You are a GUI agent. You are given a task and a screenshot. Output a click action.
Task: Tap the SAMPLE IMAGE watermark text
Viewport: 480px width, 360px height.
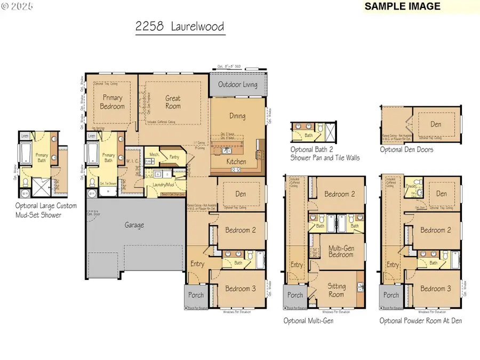point(403,6)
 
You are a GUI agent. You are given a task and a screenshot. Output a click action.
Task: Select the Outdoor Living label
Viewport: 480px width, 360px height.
point(237,85)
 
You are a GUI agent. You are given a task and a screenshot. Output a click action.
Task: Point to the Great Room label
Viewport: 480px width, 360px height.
point(173,102)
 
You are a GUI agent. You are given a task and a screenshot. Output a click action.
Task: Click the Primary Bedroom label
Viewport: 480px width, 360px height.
point(113,102)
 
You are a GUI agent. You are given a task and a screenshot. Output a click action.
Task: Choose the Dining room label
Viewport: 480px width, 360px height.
point(237,116)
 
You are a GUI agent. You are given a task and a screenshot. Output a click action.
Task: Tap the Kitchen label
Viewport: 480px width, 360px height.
point(236,162)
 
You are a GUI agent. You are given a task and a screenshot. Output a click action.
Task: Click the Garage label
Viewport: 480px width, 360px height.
point(134,225)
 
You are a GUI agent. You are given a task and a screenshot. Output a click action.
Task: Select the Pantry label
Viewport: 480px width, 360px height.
point(173,157)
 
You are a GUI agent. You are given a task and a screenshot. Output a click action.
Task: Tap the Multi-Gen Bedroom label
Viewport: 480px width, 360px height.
point(340,251)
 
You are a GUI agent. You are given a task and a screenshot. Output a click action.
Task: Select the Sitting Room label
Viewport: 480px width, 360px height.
point(336,290)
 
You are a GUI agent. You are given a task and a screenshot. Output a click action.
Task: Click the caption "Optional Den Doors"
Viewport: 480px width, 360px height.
point(406,150)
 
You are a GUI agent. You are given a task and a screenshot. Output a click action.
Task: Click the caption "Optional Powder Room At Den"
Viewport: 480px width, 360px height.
point(421,321)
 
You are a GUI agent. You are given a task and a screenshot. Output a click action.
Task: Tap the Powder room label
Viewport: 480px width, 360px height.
point(411,187)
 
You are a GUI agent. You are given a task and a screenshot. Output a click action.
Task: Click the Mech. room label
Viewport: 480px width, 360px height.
point(154,155)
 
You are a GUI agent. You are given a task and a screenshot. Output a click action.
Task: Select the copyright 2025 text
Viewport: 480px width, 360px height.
point(17,6)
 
